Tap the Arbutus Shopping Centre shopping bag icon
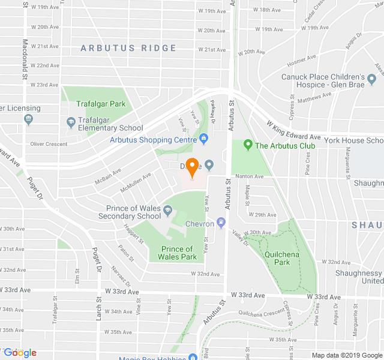coord(203,139)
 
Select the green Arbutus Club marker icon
coord(248,145)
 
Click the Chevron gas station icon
coord(221,224)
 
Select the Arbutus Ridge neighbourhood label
coord(128,48)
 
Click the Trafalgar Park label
coord(101,104)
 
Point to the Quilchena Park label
coord(278,258)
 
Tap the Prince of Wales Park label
coord(178,253)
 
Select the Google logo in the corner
coord(20,353)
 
